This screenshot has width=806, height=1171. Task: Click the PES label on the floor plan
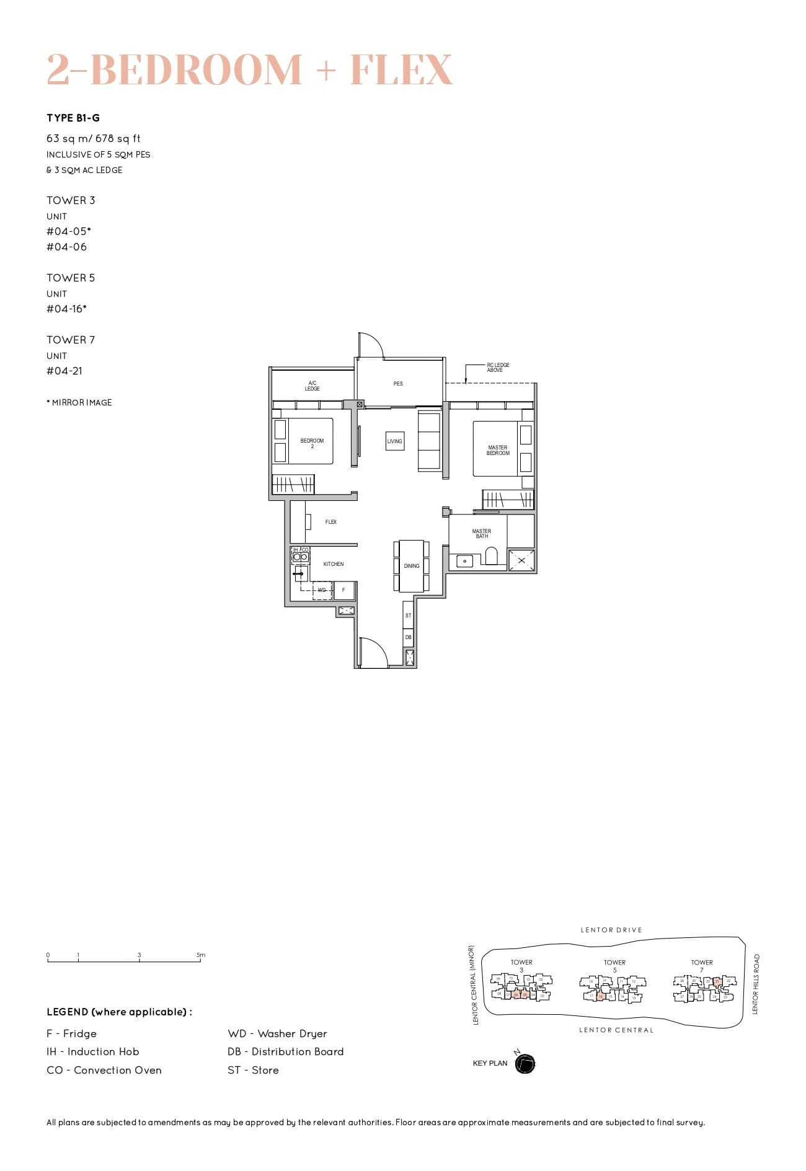(398, 384)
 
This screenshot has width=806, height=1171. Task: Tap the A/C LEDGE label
(312, 386)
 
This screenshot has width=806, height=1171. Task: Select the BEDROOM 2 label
(312, 443)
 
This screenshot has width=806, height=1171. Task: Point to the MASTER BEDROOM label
(498, 450)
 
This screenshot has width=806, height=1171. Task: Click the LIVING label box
(395, 441)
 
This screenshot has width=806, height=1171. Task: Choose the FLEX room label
(331, 522)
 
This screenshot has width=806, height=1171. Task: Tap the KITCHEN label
(334, 564)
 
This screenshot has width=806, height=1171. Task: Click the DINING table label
(412, 566)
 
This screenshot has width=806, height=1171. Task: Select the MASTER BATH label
(482, 534)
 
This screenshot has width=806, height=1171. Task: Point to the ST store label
(408, 616)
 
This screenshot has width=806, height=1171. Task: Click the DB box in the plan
(408, 637)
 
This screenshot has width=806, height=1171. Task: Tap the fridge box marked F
(343, 590)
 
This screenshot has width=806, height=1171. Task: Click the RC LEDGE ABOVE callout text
(497, 368)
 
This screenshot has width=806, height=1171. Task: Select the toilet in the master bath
(491, 556)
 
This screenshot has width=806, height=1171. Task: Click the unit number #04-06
(67, 247)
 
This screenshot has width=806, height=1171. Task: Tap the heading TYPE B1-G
(73, 118)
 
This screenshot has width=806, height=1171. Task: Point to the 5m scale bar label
(200, 955)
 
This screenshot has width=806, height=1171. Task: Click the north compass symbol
(525, 1064)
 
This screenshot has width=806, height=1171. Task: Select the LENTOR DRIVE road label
(611, 930)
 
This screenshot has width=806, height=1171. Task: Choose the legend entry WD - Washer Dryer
(277, 1033)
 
